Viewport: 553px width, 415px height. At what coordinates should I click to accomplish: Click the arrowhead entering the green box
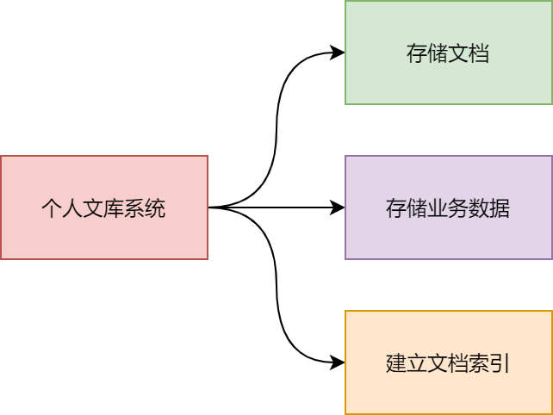(339, 53)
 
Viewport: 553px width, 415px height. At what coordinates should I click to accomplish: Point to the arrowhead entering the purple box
(339, 207)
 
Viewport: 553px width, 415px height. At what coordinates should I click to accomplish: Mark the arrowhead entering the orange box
(339, 362)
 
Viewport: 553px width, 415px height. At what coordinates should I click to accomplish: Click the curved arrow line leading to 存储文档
(277, 129)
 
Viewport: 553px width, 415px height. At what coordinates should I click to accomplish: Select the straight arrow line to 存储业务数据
(276, 207)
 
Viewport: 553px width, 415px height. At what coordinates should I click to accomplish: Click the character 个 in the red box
(52, 208)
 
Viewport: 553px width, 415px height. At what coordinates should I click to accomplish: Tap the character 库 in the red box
(114, 208)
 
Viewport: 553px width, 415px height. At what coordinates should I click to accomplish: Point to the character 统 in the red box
(155, 208)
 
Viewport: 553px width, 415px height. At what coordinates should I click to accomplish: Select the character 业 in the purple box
(438, 208)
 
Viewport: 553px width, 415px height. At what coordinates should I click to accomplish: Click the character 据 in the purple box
(500, 208)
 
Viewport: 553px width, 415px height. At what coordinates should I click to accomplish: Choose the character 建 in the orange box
(396, 363)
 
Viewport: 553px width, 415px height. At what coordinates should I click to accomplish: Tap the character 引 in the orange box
(500, 363)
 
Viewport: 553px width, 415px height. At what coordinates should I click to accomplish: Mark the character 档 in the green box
(479, 53)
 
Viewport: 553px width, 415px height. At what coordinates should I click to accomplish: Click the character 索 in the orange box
(479, 363)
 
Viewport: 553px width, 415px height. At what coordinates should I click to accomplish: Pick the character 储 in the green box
(438, 53)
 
